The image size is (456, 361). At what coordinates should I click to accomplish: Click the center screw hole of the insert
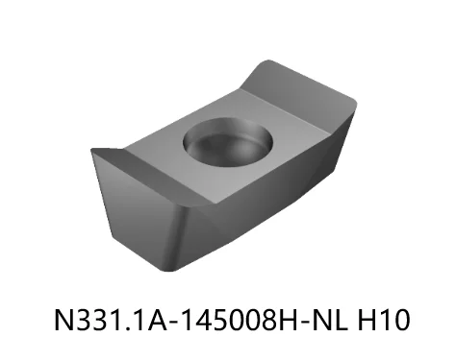click(x=227, y=142)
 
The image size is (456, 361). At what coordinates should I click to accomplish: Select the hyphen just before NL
click(x=300, y=320)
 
